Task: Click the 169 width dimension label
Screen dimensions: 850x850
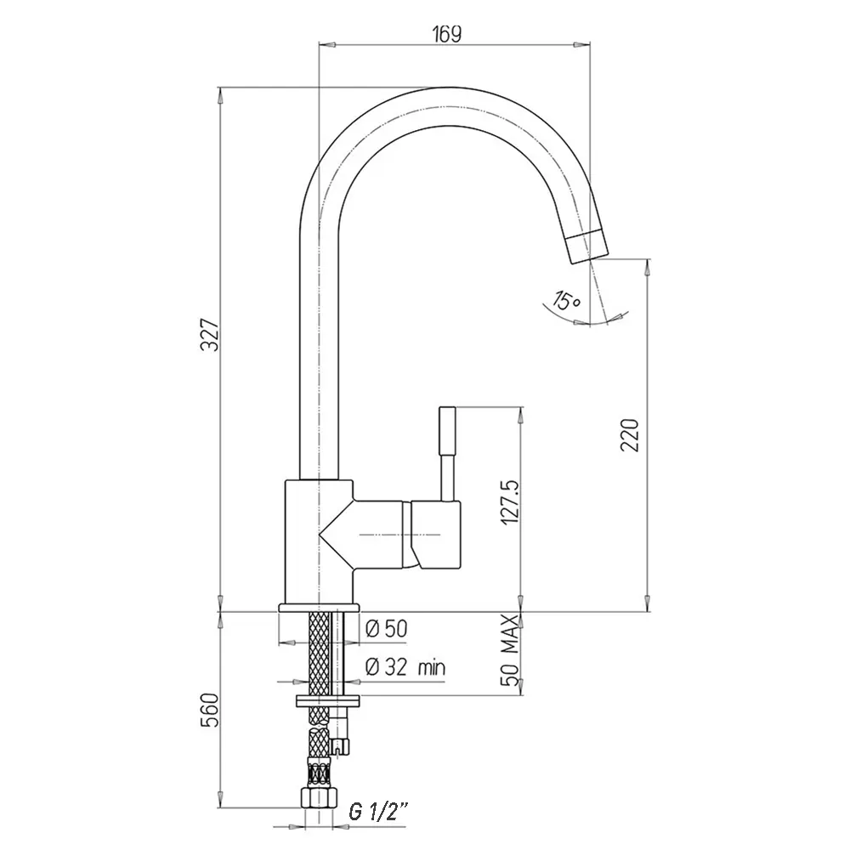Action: (x=447, y=34)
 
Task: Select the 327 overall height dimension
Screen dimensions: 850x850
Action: (x=210, y=335)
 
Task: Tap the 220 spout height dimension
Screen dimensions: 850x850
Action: (x=631, y=434)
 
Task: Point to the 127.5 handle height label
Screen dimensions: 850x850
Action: (x=510, y=502)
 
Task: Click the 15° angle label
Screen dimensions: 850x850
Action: (x=566, y=300)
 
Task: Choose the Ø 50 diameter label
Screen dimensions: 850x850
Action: (x=387, y=629)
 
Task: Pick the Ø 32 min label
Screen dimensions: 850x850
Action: (x=405, y=666)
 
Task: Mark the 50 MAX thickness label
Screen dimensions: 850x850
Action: (x=510, y=650)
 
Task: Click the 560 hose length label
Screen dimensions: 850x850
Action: (x=209, y=710)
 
